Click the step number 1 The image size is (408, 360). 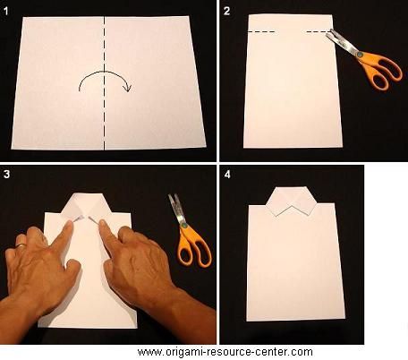(x=6, y=12)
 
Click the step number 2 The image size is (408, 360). (x=227, y=11)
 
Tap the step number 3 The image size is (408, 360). (x=6, y=174)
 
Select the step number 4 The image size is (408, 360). (x=227, y=174)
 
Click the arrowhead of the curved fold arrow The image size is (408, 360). (x=128, y=88)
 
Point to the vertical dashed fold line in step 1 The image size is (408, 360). (x=104, y=83)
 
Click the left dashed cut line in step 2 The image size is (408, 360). (x=261, y=31)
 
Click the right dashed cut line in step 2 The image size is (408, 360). (x=319, y=31)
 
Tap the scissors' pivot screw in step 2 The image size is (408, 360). (x=360, y=55)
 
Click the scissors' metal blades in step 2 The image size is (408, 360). (x=342, y=42)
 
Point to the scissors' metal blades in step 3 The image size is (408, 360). (x=177, y=209)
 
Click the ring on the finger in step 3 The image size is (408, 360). (x=21, y=245)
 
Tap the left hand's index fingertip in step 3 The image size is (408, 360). (x=70, y=224)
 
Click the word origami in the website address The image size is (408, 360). (x=183, y=352)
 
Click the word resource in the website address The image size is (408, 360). (x=230, y=352)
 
